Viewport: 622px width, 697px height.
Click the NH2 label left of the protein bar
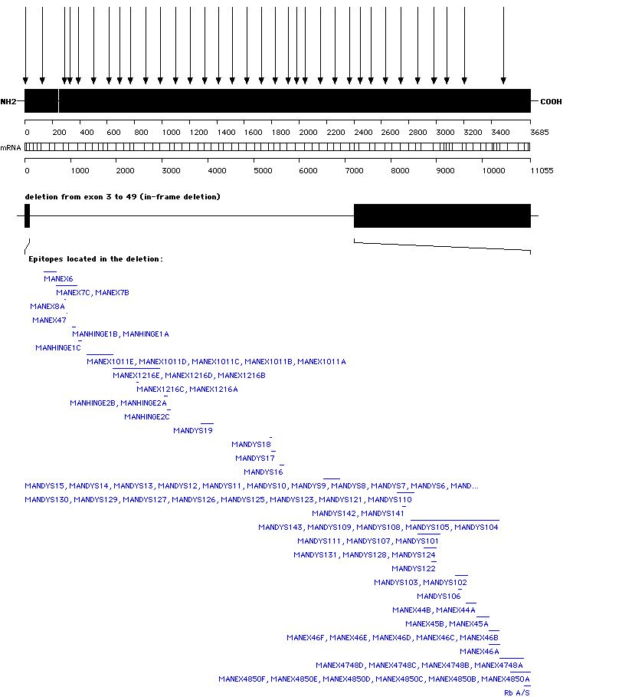point(8,101)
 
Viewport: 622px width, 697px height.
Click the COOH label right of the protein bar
point(551,101)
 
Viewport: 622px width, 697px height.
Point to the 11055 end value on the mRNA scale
point(542,170)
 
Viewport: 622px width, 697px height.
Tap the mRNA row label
point(11,147)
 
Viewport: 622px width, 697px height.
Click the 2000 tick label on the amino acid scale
point(307,133)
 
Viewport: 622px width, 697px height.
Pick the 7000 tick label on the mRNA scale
point(354,170)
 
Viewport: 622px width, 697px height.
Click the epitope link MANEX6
point(58,279)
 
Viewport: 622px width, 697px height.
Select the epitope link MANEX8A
point(47,307)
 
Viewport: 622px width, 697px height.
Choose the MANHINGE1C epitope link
point(58,348)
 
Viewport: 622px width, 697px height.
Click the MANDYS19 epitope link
point(193,431)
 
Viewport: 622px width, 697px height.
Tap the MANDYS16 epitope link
point(264,472)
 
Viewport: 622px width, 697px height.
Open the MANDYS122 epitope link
point(414,569)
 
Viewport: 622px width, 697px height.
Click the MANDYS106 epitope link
point(439,597)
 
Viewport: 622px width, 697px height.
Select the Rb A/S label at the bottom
point(516,693)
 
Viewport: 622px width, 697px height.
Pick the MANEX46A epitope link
point(480,652)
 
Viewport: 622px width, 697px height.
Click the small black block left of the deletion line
point(27,216)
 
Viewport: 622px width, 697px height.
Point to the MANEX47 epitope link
point(49,321)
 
